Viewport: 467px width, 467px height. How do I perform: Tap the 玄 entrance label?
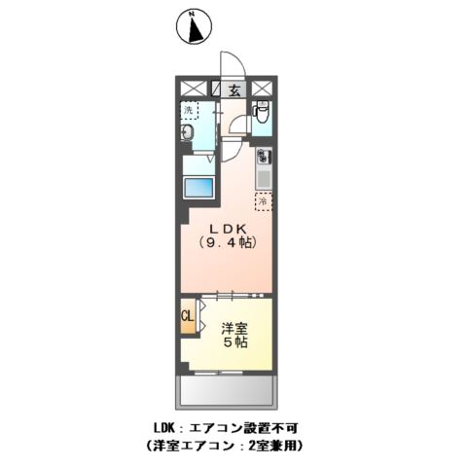pyautogui.click(x=234, y=90)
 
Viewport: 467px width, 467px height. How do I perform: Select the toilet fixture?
pyautogui.click(x=261, y=115)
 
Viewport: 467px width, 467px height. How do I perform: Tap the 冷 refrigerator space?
pyautogui.click(x=262, y=201)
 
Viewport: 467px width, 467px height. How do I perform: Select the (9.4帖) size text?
pyautogui.click(x=226, y=244)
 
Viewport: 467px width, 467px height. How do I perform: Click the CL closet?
pyautogui.click(x=188, y=315)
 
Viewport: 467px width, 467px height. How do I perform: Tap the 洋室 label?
pyautogui.click(x=233, y=328)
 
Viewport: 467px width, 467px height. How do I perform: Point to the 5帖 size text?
pyautogui.click(x=233, y=343)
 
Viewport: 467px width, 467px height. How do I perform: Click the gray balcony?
pyautogui.click(x=226, y=392)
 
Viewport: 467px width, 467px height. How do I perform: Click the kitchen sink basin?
pyautogui.click(x=263, y=178)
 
